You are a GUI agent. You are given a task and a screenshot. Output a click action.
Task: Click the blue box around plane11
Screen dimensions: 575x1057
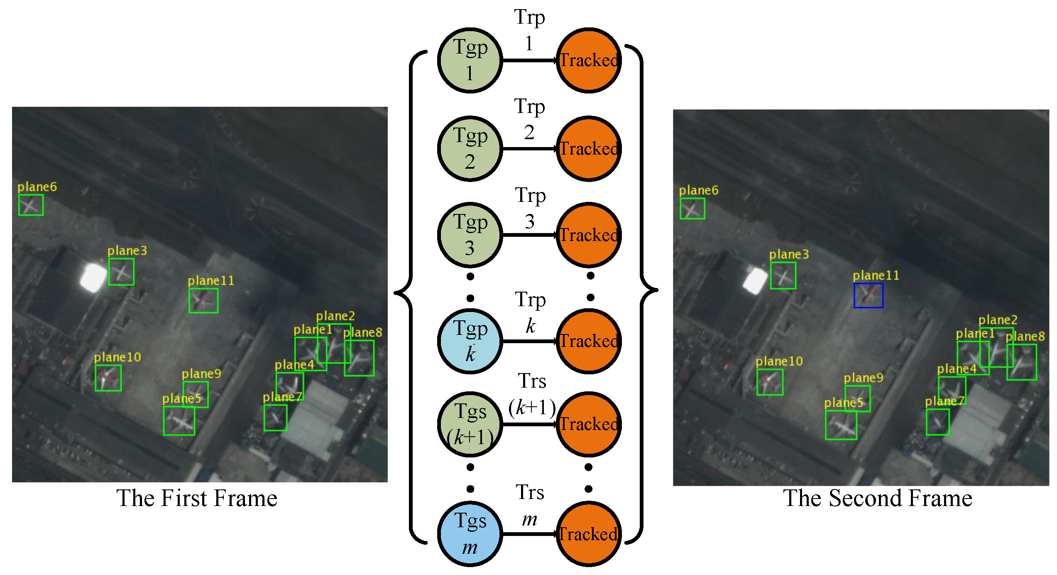[868, 295]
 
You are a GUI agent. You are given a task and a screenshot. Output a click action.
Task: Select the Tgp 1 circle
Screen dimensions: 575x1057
[470, 61]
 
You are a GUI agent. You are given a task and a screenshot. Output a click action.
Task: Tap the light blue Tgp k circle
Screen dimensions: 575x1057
[470, 341]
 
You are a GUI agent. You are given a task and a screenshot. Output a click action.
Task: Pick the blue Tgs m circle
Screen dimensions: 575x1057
[470, 534]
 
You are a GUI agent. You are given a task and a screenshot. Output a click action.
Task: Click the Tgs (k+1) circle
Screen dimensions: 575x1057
[470, 424]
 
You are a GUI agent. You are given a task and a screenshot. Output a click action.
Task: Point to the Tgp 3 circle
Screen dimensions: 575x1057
[470, 235]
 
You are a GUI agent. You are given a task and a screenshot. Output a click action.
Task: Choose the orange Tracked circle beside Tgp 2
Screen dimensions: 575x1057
[588, 149]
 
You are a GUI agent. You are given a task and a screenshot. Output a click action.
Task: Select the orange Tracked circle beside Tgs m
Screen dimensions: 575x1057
[588, 534]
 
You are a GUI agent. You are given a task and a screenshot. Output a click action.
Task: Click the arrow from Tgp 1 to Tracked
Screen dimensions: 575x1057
[529, 61]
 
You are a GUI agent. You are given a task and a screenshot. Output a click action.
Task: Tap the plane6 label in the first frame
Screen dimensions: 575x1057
[37, 187]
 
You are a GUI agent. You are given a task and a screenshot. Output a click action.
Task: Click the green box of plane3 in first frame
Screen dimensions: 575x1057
[121, 272]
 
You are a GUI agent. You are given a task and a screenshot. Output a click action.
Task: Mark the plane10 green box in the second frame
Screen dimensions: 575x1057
[770, 382]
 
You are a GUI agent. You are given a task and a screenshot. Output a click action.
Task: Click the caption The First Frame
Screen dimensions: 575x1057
[197, 498]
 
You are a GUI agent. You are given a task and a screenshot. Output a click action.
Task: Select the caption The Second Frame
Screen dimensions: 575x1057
[877, 498]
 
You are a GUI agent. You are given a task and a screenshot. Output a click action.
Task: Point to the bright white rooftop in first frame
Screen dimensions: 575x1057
[93, 278]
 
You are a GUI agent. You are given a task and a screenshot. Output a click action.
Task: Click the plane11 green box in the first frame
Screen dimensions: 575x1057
[203, 300]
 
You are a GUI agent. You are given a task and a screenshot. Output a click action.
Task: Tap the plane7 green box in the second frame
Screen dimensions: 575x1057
[937, 422]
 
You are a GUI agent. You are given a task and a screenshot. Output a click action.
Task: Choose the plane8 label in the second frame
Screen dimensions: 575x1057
[1025, 337]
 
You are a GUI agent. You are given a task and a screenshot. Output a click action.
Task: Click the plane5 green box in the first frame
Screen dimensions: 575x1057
[179, 421]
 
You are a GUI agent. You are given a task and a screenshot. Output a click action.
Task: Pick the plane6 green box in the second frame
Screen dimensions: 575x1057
[692, 209]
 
